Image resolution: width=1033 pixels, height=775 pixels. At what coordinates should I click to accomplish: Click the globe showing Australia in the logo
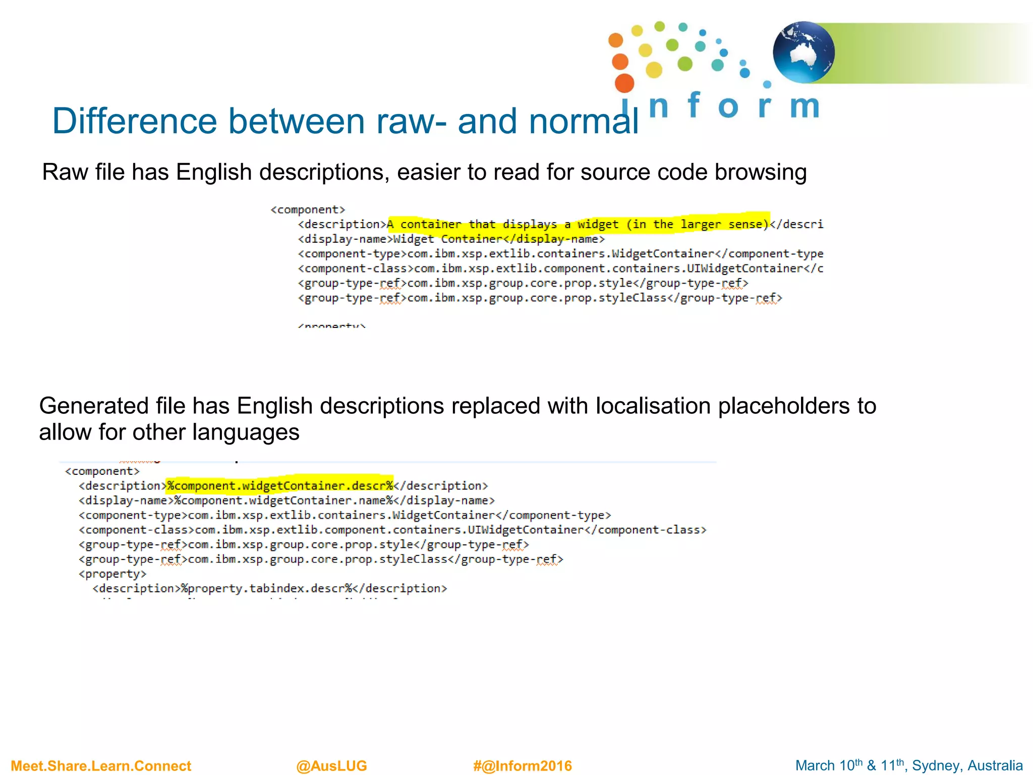pos(804,52)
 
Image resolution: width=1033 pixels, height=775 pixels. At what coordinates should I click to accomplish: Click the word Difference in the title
pos(135,122)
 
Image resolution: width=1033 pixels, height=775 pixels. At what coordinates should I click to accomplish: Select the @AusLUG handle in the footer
pos(331,765)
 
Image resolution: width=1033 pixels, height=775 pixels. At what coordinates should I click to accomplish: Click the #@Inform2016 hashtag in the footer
pos(523,765)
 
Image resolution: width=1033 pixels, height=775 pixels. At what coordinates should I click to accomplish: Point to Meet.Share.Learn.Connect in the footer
pos(101,765)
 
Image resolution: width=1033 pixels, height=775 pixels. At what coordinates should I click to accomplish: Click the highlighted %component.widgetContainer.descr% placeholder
pos(280,485)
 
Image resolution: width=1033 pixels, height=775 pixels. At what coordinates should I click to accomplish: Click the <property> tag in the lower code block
pos(112,574)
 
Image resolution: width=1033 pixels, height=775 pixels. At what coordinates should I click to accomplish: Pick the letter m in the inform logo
pos(804,106)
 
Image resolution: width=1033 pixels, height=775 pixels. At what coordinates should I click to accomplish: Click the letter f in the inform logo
pos(694,104)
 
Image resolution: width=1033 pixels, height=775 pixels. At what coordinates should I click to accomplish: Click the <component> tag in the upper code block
pos(308,209)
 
